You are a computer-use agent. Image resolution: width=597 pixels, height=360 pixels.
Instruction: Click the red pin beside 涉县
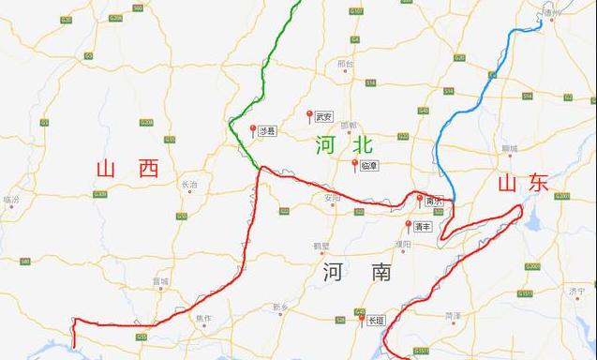(x=252, y=129)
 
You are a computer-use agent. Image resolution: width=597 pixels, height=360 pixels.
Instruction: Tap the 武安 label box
(x=324, y=117)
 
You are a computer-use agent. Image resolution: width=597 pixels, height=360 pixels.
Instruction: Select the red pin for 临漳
(x=354, y=163)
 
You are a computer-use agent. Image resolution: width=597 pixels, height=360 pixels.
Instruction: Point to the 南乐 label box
(x=433, y=201)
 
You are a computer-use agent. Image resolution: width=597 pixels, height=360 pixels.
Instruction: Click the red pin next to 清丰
(x=408, y=225)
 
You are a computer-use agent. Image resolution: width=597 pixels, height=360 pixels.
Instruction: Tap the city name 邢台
(x=345, y=65)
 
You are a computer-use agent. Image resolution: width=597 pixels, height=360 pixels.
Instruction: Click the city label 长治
(x=189, y=185)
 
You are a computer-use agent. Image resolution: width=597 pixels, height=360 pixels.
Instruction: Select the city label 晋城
(x=161, y=280)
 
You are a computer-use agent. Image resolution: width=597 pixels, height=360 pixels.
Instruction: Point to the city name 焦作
(x=203, y=319)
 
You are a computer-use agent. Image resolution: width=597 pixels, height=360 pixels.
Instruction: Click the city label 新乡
(x=280, y=307)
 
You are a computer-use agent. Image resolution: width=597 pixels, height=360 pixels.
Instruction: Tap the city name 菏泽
(x=454, y=316)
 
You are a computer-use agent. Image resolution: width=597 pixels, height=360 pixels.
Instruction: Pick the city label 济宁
(x=577, y=292)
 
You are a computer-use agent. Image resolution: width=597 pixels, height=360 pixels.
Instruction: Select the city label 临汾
(x=11, y=200)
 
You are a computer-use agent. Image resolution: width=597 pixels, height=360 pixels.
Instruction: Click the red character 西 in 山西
(x=147, y=169)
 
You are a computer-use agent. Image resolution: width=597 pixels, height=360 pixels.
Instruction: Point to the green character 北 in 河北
(x=361, y=144)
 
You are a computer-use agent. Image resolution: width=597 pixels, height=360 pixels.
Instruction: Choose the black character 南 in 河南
(x=380, y=273)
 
